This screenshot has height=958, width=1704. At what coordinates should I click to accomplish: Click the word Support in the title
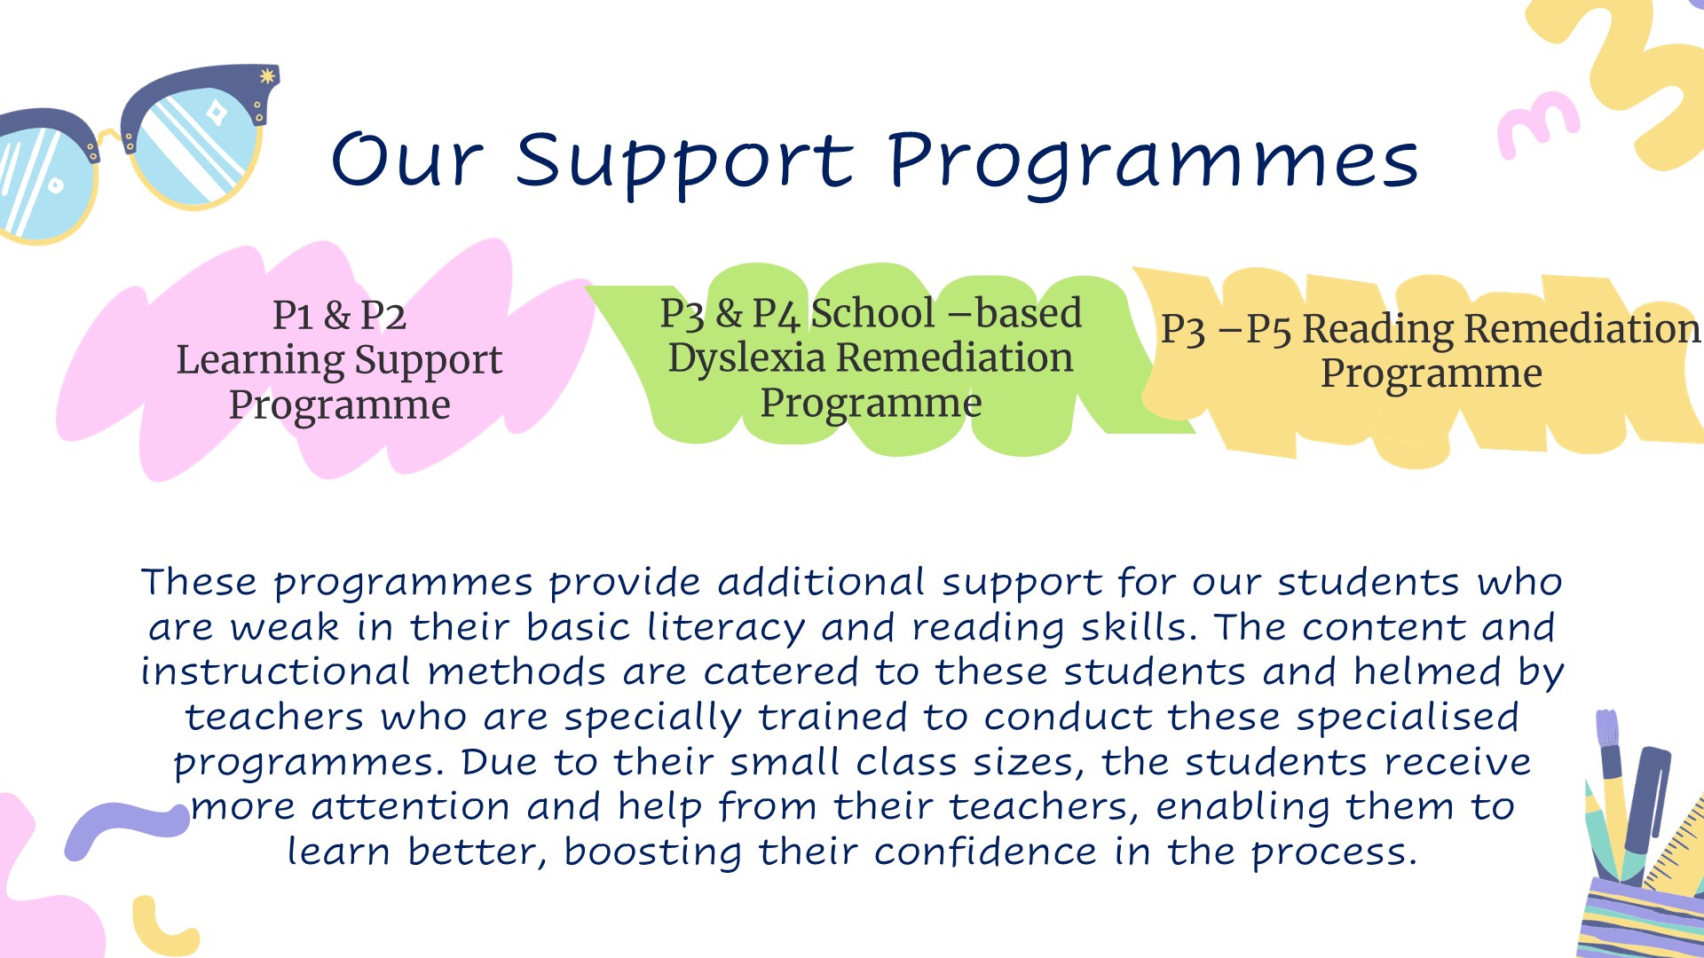[x=683, y=163]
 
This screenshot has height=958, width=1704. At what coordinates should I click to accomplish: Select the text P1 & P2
[x=339, y=315]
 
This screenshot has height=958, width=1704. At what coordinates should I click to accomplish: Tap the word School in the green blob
[x=873, y=312]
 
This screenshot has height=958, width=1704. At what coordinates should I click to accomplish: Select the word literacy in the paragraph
[x=726, y=627]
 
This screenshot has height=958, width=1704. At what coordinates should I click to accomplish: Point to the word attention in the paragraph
[x=411, y=807]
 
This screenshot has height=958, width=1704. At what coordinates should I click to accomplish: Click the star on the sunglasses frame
[x=266, y=76]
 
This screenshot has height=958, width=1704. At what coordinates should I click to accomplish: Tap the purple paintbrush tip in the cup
[x=1607, y=729]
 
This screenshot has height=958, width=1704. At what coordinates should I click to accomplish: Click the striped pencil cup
[x=1642, y=918]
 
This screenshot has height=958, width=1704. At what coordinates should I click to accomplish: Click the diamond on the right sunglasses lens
[x=216, y=114]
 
